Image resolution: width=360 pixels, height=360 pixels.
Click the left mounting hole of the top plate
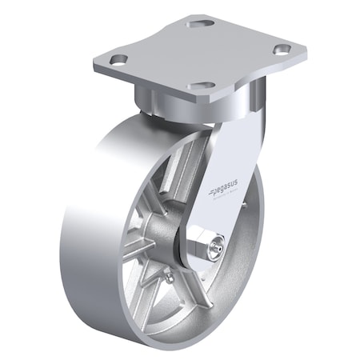[x=119, y=60]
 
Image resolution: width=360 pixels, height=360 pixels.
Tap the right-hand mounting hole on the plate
[x=281, y=50]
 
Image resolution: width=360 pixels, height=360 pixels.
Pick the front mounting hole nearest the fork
[x=202, y=85]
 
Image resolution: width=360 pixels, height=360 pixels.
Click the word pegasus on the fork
[x=227, y=189]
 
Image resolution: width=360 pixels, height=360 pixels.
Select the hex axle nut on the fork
[x=209, y=247]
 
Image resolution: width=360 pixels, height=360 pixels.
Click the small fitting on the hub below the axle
[x=169, y=277]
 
